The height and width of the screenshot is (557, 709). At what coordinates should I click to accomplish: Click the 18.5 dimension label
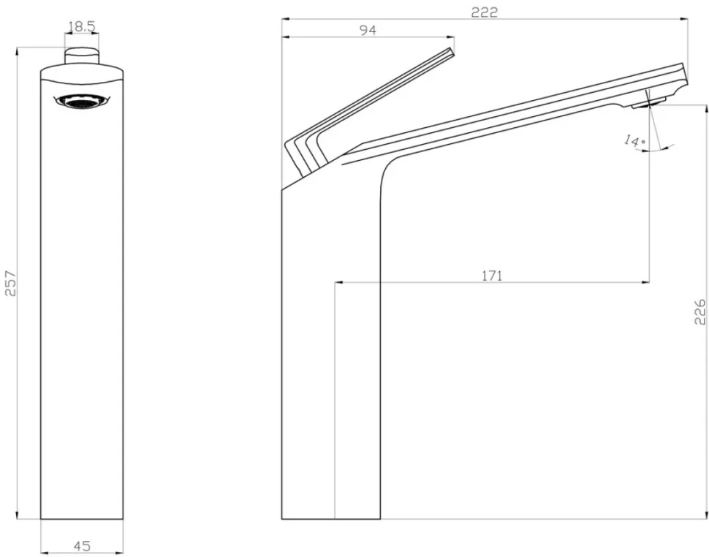pos(82,26)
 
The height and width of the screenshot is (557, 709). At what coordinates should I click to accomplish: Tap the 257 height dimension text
pos(10,284)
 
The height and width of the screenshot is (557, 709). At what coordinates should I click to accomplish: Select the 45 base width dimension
pos(82,546)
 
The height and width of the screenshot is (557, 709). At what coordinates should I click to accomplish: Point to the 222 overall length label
pos(485,12)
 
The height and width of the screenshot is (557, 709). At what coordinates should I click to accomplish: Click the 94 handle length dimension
pos(368,30)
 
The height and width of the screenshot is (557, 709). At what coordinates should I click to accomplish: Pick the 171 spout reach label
pos(492,276)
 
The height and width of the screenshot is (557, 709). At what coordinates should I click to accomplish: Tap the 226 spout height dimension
pos(699,311)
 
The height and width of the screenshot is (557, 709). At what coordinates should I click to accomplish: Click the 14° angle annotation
pos(635,140)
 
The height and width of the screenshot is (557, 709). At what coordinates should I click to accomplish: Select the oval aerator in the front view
pos(82,102)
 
